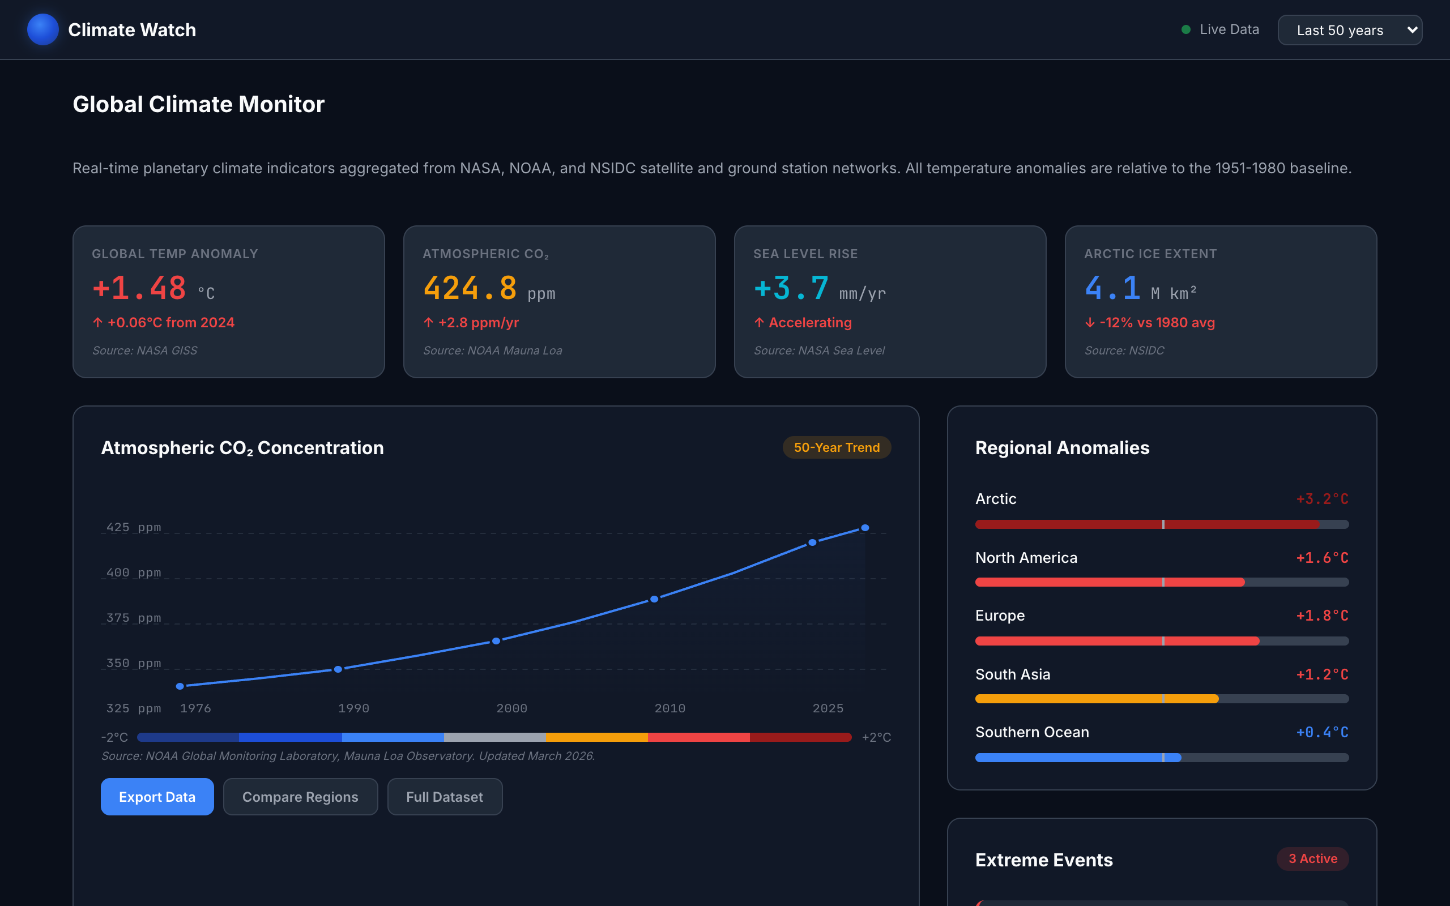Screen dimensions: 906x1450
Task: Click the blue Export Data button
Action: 157,796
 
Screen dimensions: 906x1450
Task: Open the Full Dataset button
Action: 444,796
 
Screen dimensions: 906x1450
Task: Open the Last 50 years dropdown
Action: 1349,30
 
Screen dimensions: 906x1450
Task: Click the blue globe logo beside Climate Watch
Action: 42,29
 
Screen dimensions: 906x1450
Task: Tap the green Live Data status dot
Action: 1185,29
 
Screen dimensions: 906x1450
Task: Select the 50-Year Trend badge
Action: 836,447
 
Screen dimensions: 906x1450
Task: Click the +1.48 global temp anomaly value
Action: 139,288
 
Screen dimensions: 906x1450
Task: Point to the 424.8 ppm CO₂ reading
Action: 470,288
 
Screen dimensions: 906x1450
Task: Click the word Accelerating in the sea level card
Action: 809,322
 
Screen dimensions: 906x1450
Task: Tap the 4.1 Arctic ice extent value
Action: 1112,288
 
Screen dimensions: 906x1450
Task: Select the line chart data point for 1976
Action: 180,686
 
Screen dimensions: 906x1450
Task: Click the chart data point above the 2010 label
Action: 654,599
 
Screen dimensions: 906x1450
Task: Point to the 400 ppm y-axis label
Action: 134,572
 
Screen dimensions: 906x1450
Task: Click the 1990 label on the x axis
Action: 353,708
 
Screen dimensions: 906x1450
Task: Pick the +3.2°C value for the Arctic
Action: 1322,498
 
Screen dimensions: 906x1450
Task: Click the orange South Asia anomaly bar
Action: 1097,699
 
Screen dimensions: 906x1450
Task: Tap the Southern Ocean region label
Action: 1032,732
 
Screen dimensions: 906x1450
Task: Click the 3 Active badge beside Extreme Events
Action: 1312,858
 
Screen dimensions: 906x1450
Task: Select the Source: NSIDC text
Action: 1124,350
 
